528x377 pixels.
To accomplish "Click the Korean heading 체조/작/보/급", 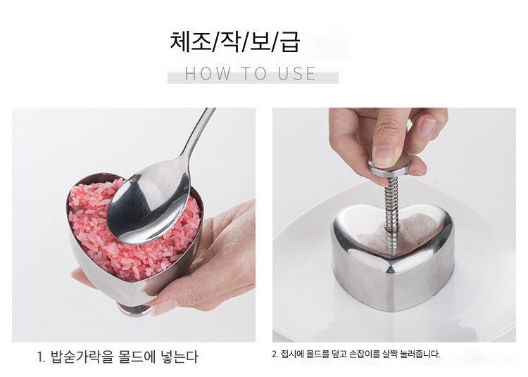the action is (234, 42).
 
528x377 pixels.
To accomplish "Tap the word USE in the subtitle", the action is (296, 74).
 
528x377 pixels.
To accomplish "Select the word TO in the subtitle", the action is (254, 74).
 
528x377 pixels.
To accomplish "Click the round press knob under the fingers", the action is (389, 167).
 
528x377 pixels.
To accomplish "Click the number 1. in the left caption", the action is (41, 357).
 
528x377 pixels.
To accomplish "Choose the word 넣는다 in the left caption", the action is (180, 357).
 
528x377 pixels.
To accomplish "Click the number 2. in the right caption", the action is (275, 354).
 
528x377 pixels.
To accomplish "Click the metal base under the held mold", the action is (134, 310).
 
